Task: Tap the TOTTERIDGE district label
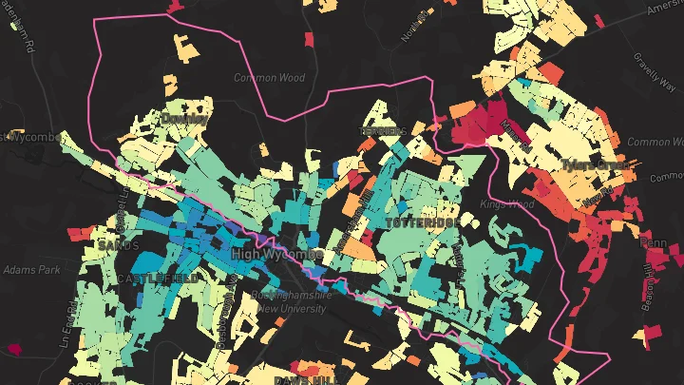(424, 221)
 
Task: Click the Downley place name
(182, 118)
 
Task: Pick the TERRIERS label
(383, 130)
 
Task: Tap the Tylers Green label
(596, 164)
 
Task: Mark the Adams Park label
(31, 270)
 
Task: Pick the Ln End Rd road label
(67, 323)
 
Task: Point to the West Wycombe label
(28, 137)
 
